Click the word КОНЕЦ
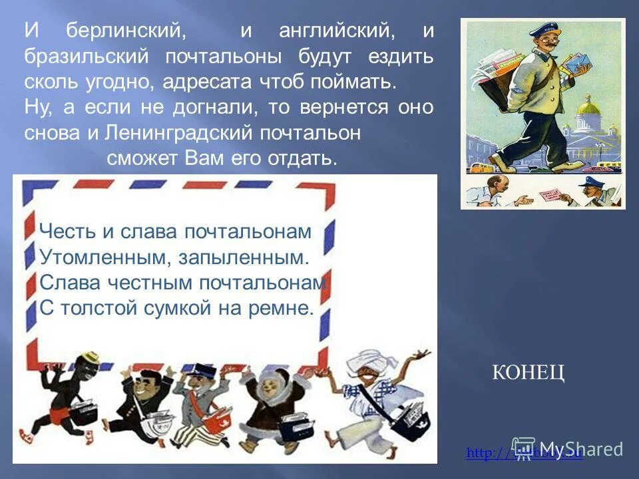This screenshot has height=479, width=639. click(529, 373)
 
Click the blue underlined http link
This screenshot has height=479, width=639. click(525, 454)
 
